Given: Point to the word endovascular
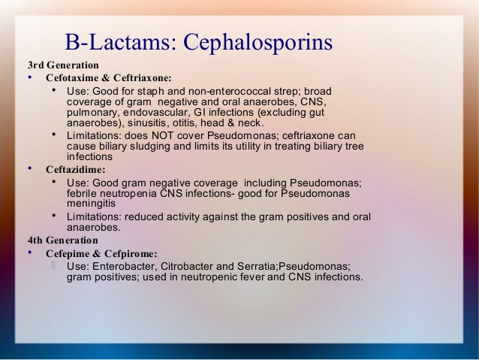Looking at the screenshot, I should click(x=161, y=113).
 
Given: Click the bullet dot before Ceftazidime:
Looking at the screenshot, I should click(x=29, y=169).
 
